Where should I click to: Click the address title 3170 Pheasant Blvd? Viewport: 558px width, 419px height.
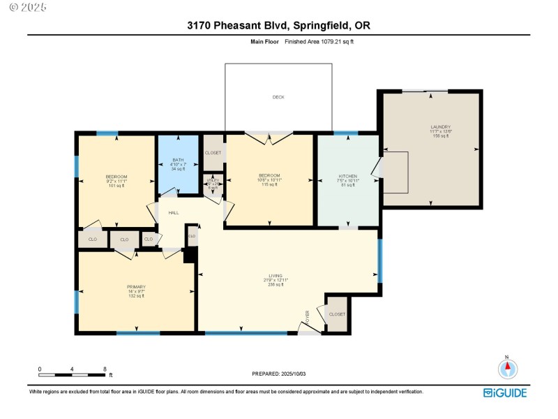pyautogui.click(x=279, y=26)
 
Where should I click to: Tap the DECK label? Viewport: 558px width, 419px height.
pyautogui.click(x=278, y=97)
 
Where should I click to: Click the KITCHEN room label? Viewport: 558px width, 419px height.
pyautogui.click(x=348, y=176)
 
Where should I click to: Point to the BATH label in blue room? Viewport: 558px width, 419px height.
pyautogui.click(x=178, y=159)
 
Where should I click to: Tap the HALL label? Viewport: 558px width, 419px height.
pyautogui.click(x=173, y=212)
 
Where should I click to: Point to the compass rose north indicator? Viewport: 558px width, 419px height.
pyautogui.click(x=507, y=367)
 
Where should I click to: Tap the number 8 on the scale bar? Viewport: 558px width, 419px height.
pyautogui.click(x=105, y=369)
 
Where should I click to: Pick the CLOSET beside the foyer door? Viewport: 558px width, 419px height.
pyautogui.click(x=337, y=314)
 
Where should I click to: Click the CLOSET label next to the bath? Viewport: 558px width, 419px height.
pyautogui.click(x=213, y=152)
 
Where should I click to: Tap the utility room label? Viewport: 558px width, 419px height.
pyautogui.click(x=213, y=180)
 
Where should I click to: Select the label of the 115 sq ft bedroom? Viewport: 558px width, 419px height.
pyautogui.click(x=269, y=175)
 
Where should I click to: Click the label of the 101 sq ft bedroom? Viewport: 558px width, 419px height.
pyautogui.click(x=116, y=176)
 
